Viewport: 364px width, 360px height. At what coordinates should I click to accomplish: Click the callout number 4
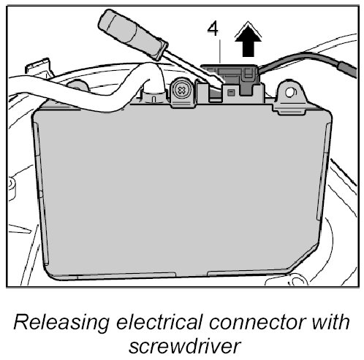213,29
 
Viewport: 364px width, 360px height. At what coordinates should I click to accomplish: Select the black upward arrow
248,41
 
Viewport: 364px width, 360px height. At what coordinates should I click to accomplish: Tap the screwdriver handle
133,34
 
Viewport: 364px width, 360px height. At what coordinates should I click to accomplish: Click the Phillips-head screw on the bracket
182,91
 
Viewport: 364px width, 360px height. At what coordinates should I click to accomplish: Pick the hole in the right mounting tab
289,93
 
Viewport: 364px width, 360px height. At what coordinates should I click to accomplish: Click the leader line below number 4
220,51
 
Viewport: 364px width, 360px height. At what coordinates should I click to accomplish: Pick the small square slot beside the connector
231,92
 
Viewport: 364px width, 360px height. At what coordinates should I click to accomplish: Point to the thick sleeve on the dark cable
346,69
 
